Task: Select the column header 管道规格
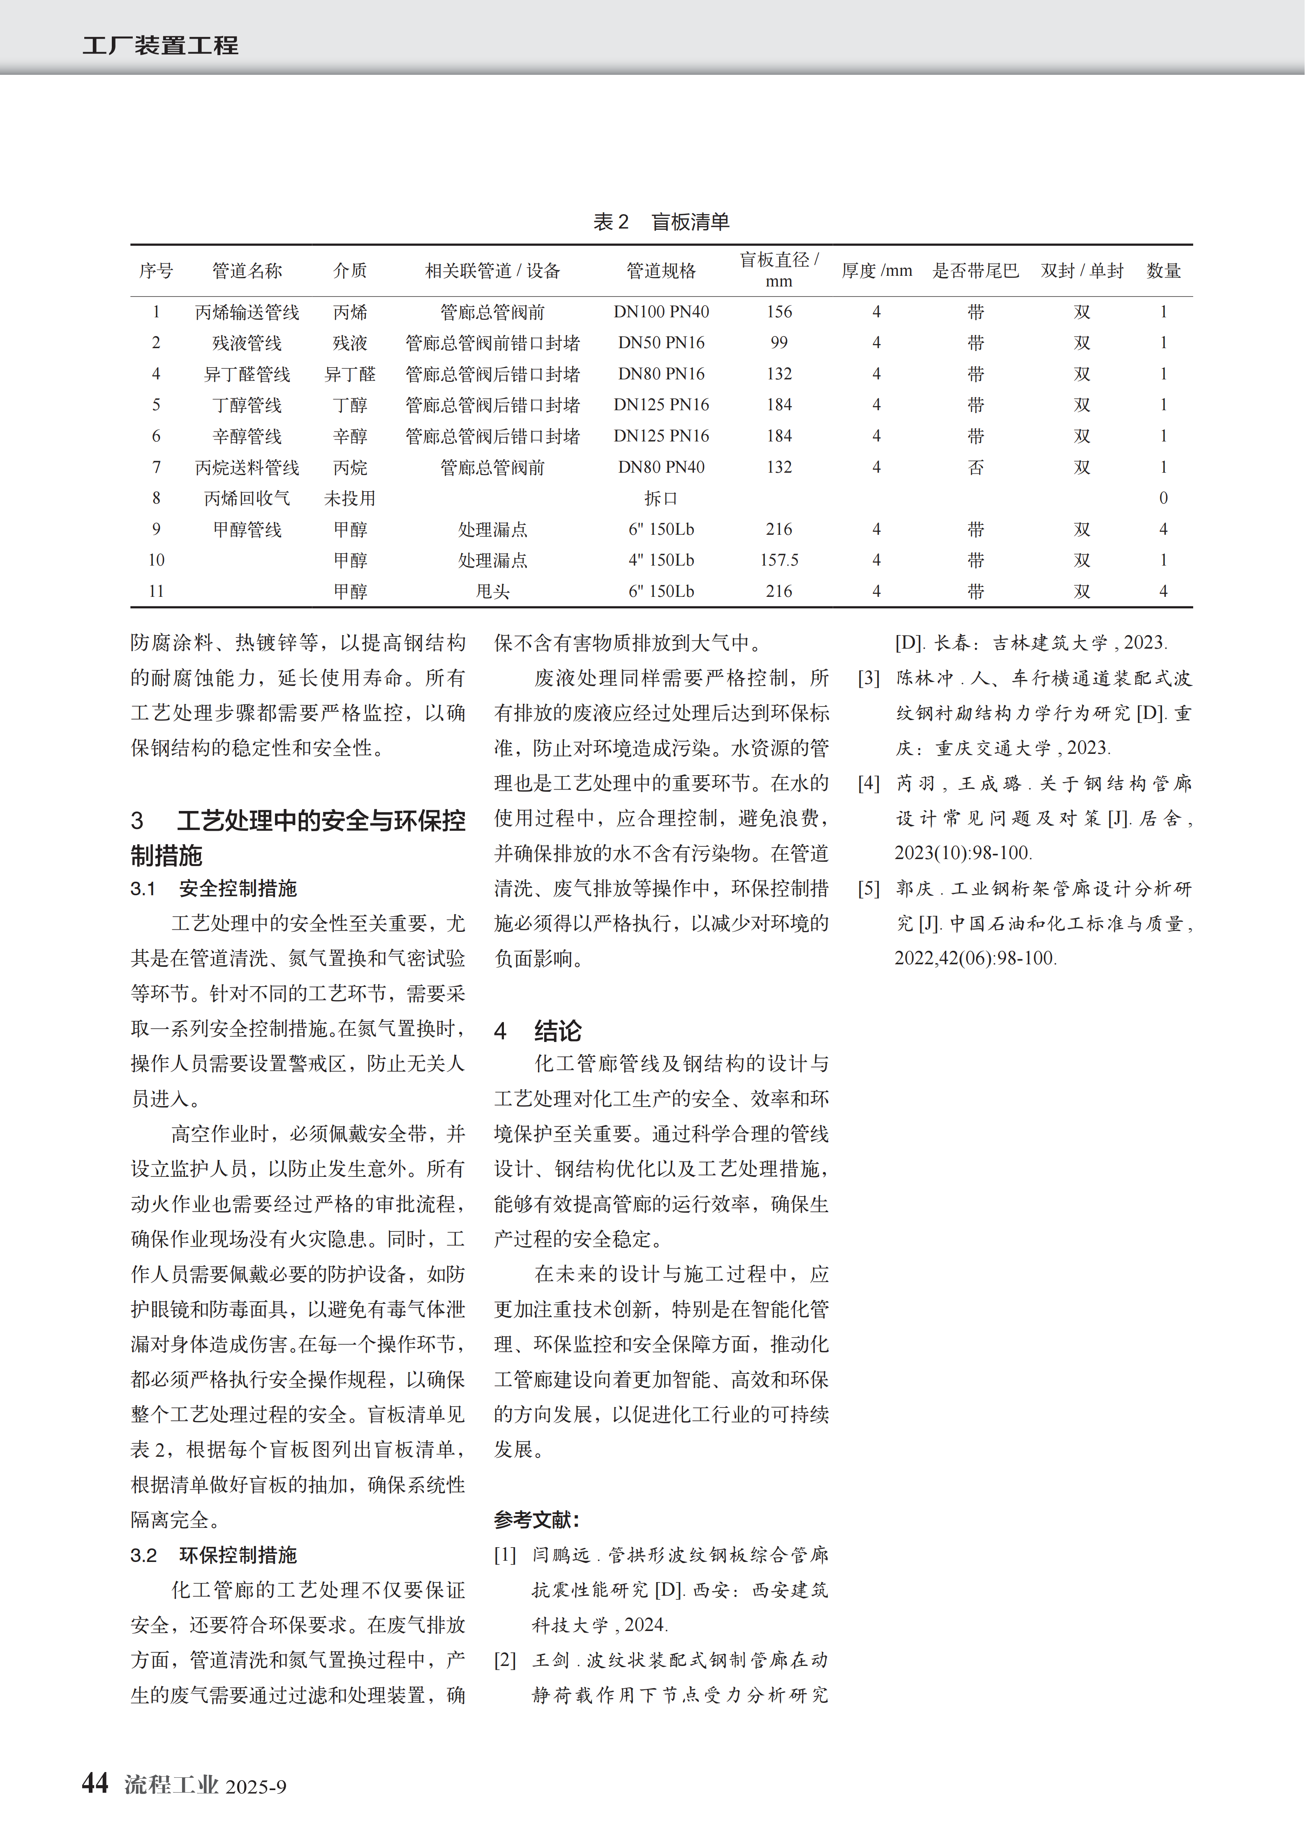click(x=661, y=271)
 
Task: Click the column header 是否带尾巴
click(x=975, y=271)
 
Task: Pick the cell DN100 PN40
click(x=661, y=312)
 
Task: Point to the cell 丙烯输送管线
click(x=247, y=312)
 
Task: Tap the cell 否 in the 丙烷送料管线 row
click(x=975, y=467)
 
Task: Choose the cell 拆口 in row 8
click(x=661, y=499)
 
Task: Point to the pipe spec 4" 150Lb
click(x=661, y=560)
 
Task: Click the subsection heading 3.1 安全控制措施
click(x=214, y=888)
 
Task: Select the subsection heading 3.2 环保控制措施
click(x=214, y=1555)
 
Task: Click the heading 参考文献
click(x=536, y=1520)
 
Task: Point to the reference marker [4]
click(x=868, y=783)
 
